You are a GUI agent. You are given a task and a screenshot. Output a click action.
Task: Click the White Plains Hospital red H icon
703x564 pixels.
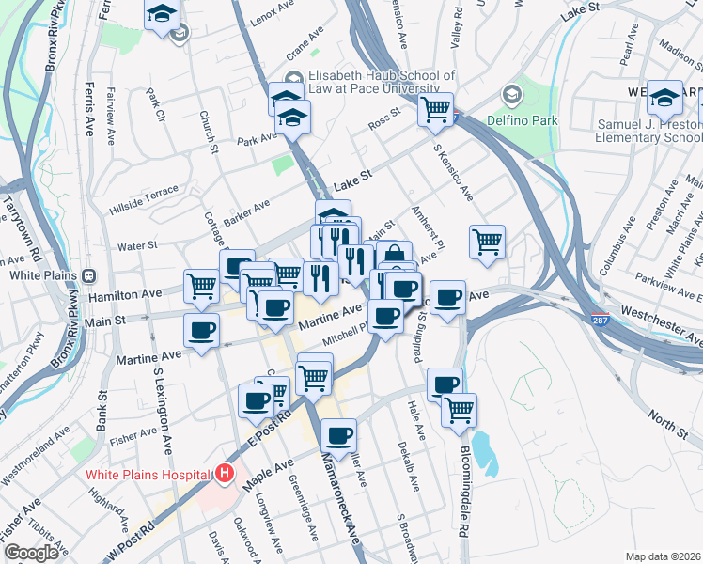click(x=224, y=473)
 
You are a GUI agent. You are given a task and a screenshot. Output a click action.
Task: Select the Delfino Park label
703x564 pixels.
click(x=522, y=120)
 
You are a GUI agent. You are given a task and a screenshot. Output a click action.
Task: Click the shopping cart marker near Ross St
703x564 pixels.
click(x=436, y=110)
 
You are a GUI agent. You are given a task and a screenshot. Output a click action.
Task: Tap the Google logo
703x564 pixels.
click(x=30, y=553)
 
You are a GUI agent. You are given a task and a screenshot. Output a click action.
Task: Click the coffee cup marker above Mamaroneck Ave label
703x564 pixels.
click(x=338, y=435)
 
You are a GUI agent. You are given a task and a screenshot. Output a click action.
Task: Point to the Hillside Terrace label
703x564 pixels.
click(x=144, y=198)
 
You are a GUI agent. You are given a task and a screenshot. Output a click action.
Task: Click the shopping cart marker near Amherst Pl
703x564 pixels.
click(x=487, y=243)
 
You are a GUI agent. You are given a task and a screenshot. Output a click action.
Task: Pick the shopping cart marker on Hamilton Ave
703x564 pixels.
click(x=202, y=285)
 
